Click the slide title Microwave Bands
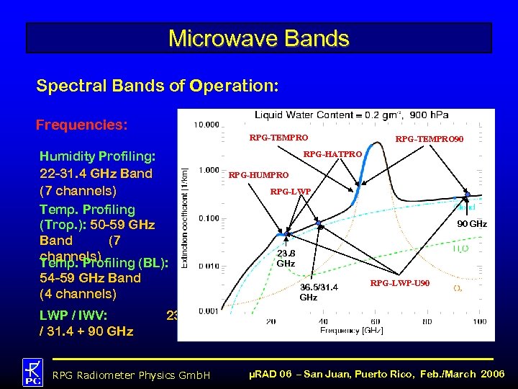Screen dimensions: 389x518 pos(258,38)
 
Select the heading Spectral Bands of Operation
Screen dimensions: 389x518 pos(157,86)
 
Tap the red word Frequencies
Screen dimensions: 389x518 pos(81,125)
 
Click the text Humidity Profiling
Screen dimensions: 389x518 pos(103,156)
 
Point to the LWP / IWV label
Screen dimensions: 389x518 pos(73,315)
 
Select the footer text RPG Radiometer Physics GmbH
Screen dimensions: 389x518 pos(132,375)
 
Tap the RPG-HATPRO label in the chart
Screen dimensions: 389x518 pos(332,154)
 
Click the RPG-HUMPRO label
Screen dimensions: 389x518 pos(258,175)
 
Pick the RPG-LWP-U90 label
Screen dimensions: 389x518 pos(401,283)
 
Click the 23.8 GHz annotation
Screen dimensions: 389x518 pos(286,259)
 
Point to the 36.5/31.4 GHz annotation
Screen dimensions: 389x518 pos(318,292)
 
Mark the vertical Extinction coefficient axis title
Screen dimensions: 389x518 pos(186,216)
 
